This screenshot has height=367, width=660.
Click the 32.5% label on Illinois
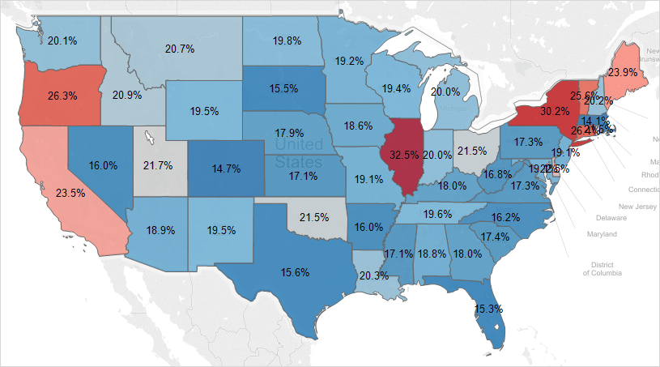pos(405,153)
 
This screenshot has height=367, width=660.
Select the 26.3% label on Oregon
pos(62,95)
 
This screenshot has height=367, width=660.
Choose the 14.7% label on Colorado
pos(226,169)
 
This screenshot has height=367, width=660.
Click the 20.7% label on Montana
pos(180,49)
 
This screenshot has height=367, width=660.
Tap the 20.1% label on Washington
pos(62,41)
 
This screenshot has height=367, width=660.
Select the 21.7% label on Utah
pos(157,165)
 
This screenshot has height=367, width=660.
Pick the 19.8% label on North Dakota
pos(287,40)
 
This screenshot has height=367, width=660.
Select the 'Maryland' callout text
pos(602,234)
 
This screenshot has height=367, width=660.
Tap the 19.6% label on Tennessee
pos(438,214)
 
